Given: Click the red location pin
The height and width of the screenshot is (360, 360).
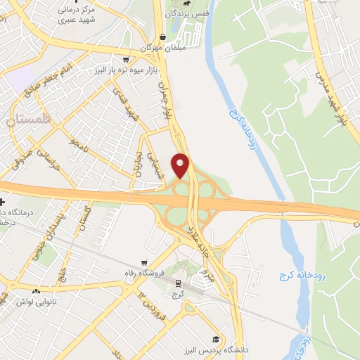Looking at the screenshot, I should pos(181,165).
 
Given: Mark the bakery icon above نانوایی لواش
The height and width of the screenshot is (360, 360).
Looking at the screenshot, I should pos(36,291).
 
